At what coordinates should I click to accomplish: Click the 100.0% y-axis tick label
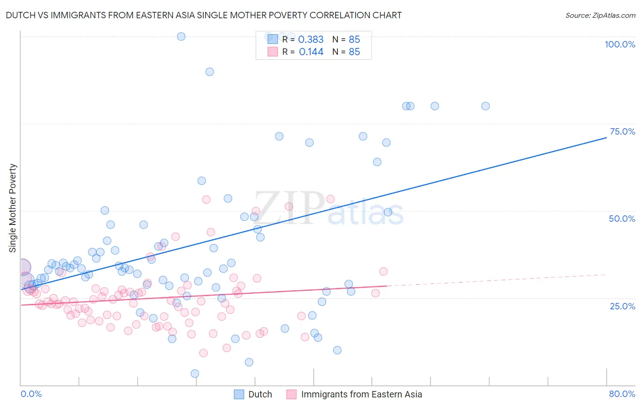point(620,44)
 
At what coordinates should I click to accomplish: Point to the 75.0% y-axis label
point(622,131)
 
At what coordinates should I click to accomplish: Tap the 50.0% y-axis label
point(622,219)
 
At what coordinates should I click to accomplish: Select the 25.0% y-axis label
point(622,306)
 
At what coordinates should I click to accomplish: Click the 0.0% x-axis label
point(31,394)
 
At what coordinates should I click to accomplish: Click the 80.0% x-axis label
point(622,394)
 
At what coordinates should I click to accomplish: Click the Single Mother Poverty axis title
point(13,208)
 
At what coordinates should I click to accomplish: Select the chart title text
point(204,15)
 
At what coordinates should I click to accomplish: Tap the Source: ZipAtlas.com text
point(600,15)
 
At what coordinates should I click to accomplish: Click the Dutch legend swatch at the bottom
point(239,394)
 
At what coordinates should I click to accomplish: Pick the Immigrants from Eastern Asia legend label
point(362,394)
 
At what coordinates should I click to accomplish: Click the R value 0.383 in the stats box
point(310,40)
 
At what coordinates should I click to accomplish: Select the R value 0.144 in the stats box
point(311,52)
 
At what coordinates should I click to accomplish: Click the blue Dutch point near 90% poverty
point(210,72)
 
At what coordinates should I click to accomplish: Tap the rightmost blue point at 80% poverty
point(486,106)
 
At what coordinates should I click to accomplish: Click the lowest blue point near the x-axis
point(195,374)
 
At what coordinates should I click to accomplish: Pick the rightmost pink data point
point(383,271)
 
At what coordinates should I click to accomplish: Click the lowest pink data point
point(203,353)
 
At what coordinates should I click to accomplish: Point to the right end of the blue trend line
point(606,137)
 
